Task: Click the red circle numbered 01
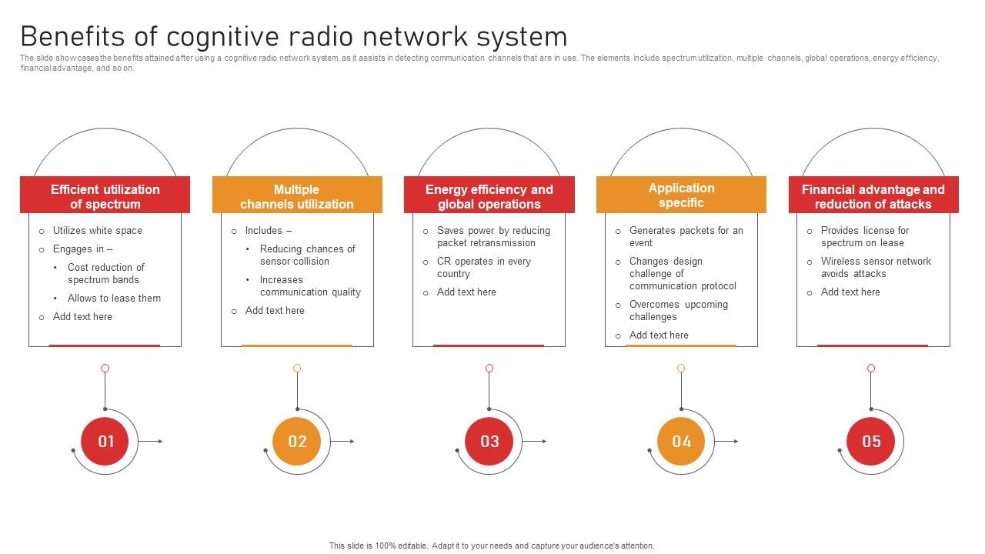(x=105, y=441)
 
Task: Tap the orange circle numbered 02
(x=297, y=441)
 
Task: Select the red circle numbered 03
(x=489, y=441)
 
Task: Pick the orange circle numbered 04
(x=682, y=441)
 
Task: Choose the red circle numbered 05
(x=871, y=441)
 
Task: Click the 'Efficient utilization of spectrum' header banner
(x=105, y=196)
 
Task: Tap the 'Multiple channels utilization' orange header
(x=297, y=196)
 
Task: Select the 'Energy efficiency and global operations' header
(x=489, y=196)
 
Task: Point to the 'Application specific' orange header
(x=681, y=195)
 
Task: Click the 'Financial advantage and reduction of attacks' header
(x=873, y=196)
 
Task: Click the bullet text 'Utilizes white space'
(x=97, y=230)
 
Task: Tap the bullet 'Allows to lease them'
(x=114, y=298)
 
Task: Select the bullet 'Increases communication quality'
(x=310, y=285)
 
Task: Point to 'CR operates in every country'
(x=484, y=267)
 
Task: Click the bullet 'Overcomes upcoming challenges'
(x=678, y=310)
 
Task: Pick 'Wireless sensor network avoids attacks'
(x=876, y=267)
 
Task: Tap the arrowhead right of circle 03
(x=544, y=441)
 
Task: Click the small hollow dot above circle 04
(x=681, y=369)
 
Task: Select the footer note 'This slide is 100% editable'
(x=492, y=546)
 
